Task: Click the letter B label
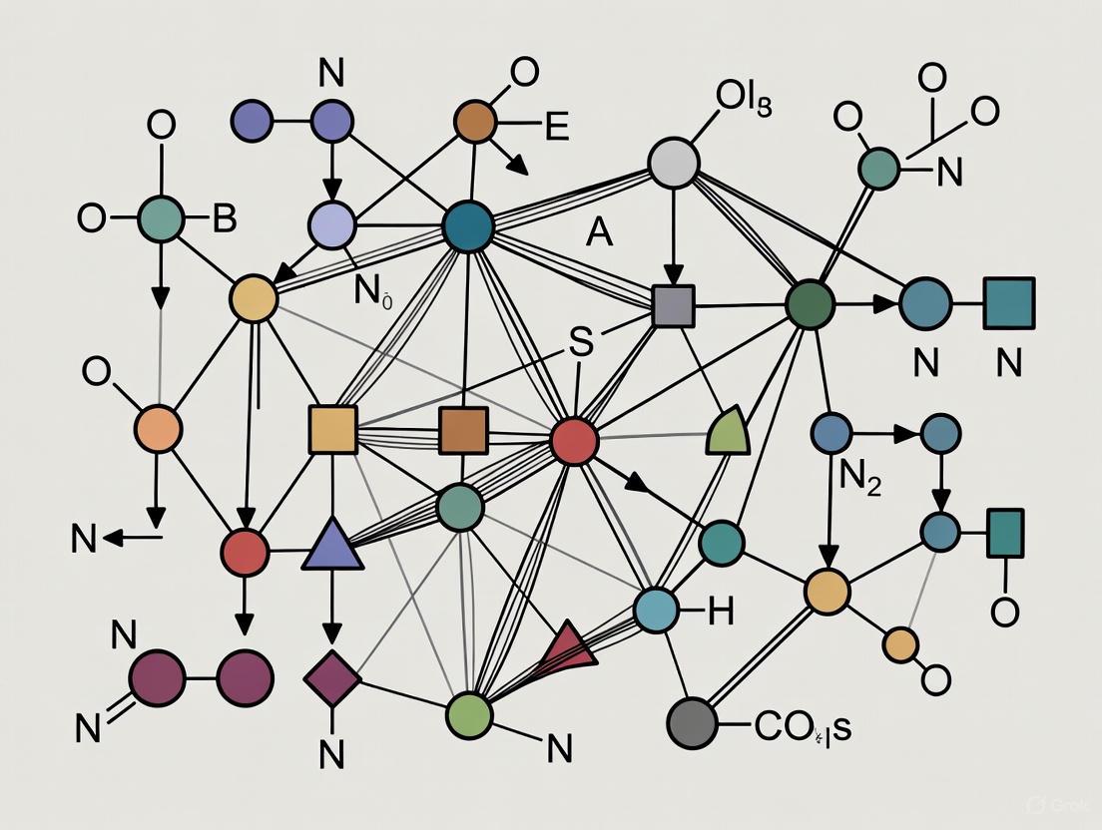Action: pos(225,218)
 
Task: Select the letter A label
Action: pos(599,231)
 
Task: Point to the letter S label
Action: pos(580,340)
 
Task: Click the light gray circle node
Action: pos(674,163)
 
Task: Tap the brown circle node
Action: pos(475,122)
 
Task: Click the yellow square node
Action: pos(333,430)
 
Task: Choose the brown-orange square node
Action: pos(463,430)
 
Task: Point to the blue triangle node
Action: pos(332,547)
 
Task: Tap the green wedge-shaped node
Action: pos(729,432)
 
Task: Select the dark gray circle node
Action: pos(692,722)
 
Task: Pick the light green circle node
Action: pos(469,714)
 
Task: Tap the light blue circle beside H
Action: pos(656,611)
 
